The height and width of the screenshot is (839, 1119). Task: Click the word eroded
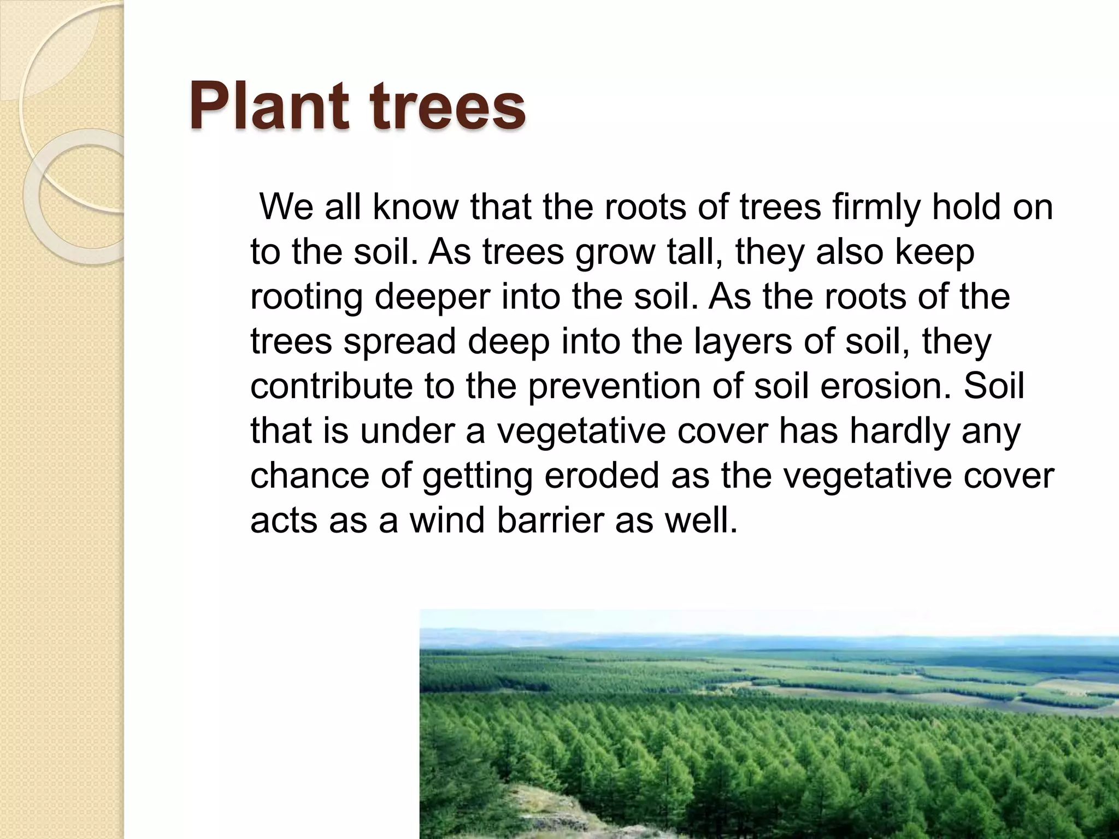click(601, 476)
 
